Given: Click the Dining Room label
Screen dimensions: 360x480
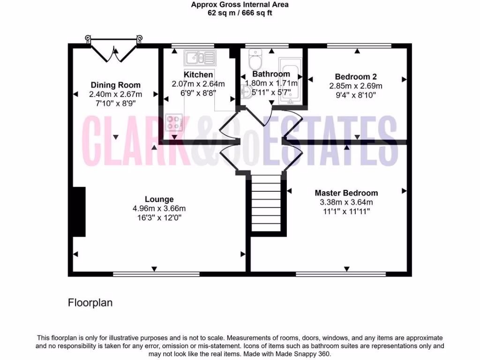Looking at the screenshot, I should click(115, 85).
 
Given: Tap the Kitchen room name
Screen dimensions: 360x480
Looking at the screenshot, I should click(198, 75).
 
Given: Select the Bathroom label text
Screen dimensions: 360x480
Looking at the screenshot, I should click(271, 74).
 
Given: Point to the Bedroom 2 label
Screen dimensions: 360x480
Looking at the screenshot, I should click(356, 76).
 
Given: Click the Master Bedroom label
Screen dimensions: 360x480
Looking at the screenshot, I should click(346, 193).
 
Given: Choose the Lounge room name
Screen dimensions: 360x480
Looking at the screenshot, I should click(159, 199).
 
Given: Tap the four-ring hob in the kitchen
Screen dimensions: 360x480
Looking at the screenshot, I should click(173, 123).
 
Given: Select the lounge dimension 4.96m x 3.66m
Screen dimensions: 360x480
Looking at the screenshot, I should click(159, 209).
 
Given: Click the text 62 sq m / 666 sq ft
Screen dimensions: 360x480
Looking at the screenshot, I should click(240, 13).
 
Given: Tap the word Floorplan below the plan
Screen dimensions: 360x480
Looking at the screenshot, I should click(90, 303).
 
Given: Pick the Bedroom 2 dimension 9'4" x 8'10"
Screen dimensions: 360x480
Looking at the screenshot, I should click(356, 95).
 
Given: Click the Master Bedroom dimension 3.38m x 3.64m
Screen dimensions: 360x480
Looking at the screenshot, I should click(346, 202).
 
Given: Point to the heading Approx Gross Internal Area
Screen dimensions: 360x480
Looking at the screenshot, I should click(240, 5).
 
